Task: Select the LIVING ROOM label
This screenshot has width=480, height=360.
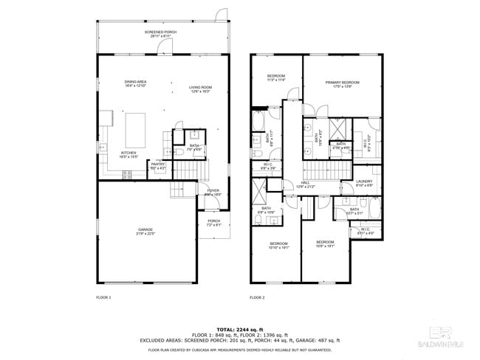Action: [200, 89]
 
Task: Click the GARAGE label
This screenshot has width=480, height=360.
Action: [145, 232]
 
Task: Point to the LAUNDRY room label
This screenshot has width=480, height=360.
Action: [363, 183]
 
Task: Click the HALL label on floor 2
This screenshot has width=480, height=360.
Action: [305, 184]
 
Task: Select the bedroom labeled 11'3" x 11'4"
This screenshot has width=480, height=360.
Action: [275, 77]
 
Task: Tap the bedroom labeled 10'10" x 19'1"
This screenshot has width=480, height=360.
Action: [278, 246]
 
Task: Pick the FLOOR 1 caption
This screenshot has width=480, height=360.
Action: [103, 297]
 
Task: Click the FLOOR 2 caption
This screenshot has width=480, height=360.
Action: [256, 297]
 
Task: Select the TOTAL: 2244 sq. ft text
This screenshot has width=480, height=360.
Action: [240, 329]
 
